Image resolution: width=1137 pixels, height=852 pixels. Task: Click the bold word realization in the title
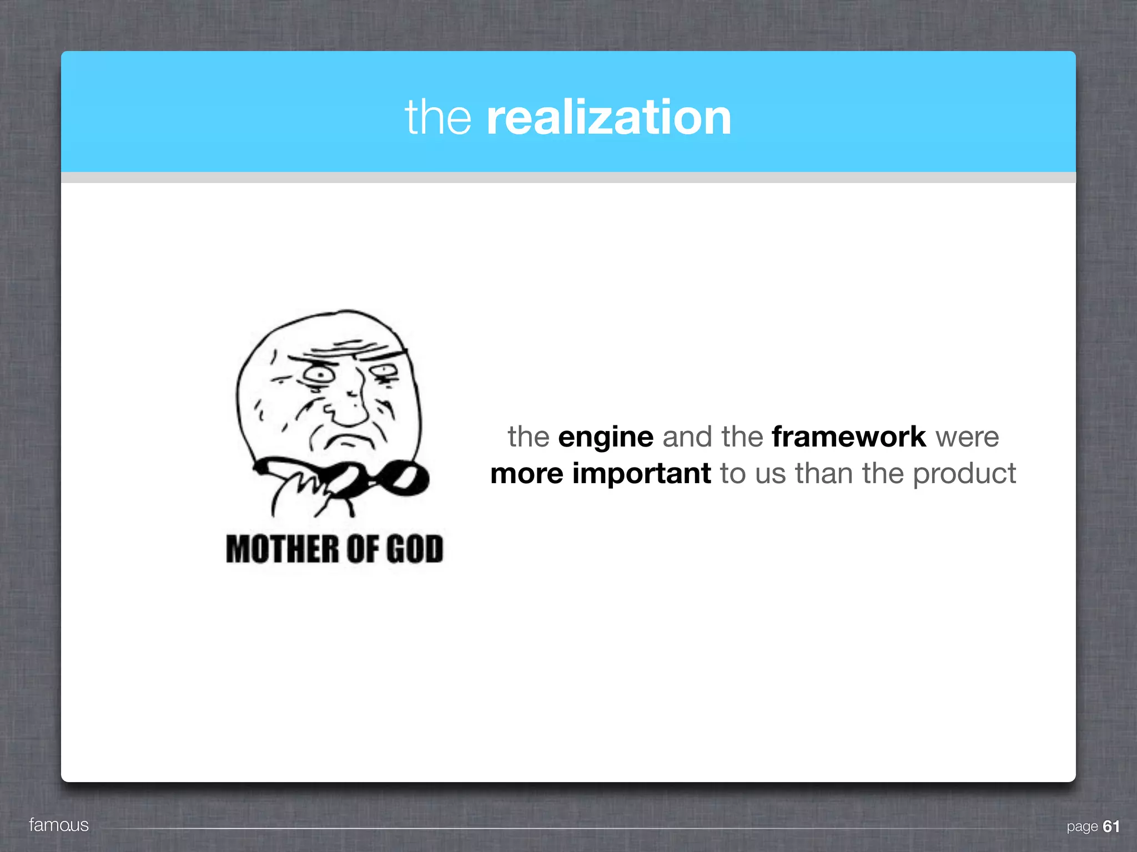pos(608,118)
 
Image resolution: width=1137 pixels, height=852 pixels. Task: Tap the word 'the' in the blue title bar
pos(438,118)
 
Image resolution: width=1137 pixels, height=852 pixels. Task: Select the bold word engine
pos(606,437)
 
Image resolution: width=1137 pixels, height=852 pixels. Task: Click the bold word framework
pos(849,437)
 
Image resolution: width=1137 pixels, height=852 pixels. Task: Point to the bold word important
pos(641,474)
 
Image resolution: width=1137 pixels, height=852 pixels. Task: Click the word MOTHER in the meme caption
pos(282,549)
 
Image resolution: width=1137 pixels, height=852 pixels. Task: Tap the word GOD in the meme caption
pos(415,549)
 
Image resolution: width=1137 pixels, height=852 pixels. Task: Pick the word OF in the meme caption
pos(362,549)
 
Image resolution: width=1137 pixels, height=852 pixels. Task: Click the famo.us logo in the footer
pos(59,825)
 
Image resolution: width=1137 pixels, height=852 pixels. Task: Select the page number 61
pos(1111,826)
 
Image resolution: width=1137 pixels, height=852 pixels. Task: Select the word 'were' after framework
pos(967,437)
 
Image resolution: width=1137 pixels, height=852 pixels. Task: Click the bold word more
pos(526,474)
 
